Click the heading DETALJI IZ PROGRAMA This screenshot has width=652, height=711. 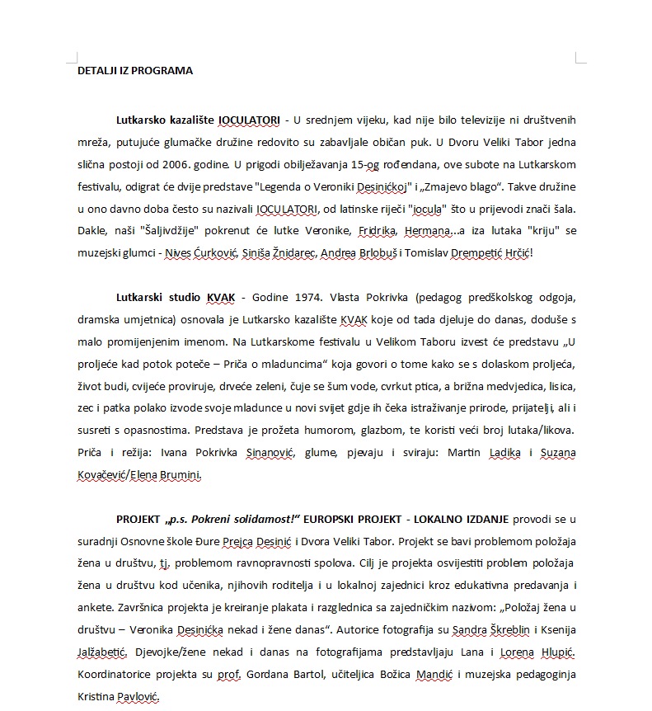135,70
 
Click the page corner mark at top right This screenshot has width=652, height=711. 579,58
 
